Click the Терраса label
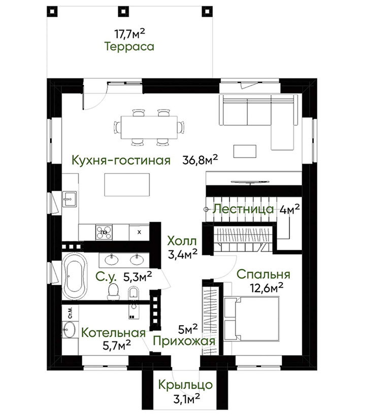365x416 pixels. [129, 47]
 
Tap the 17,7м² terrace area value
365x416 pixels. [129, 33]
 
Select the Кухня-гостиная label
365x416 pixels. [121, 160]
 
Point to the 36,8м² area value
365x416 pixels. [200, 160]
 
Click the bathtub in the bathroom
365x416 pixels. [74, 276]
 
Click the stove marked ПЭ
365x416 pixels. [104, 232]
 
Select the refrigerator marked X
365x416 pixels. [139, 232]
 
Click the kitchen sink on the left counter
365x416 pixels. [70, 199]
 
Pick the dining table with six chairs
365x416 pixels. [149, 127]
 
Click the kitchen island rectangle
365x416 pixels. [127, 185]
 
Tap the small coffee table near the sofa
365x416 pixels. [245, 151]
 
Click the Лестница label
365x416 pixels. [243, 209]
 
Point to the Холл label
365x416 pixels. [182, 241]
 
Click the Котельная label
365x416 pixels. [113, 333]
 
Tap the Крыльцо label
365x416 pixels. [185, 385]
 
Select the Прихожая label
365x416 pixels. [184, 341]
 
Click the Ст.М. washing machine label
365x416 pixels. [70, 313]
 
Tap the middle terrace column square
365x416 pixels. [123, 11]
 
